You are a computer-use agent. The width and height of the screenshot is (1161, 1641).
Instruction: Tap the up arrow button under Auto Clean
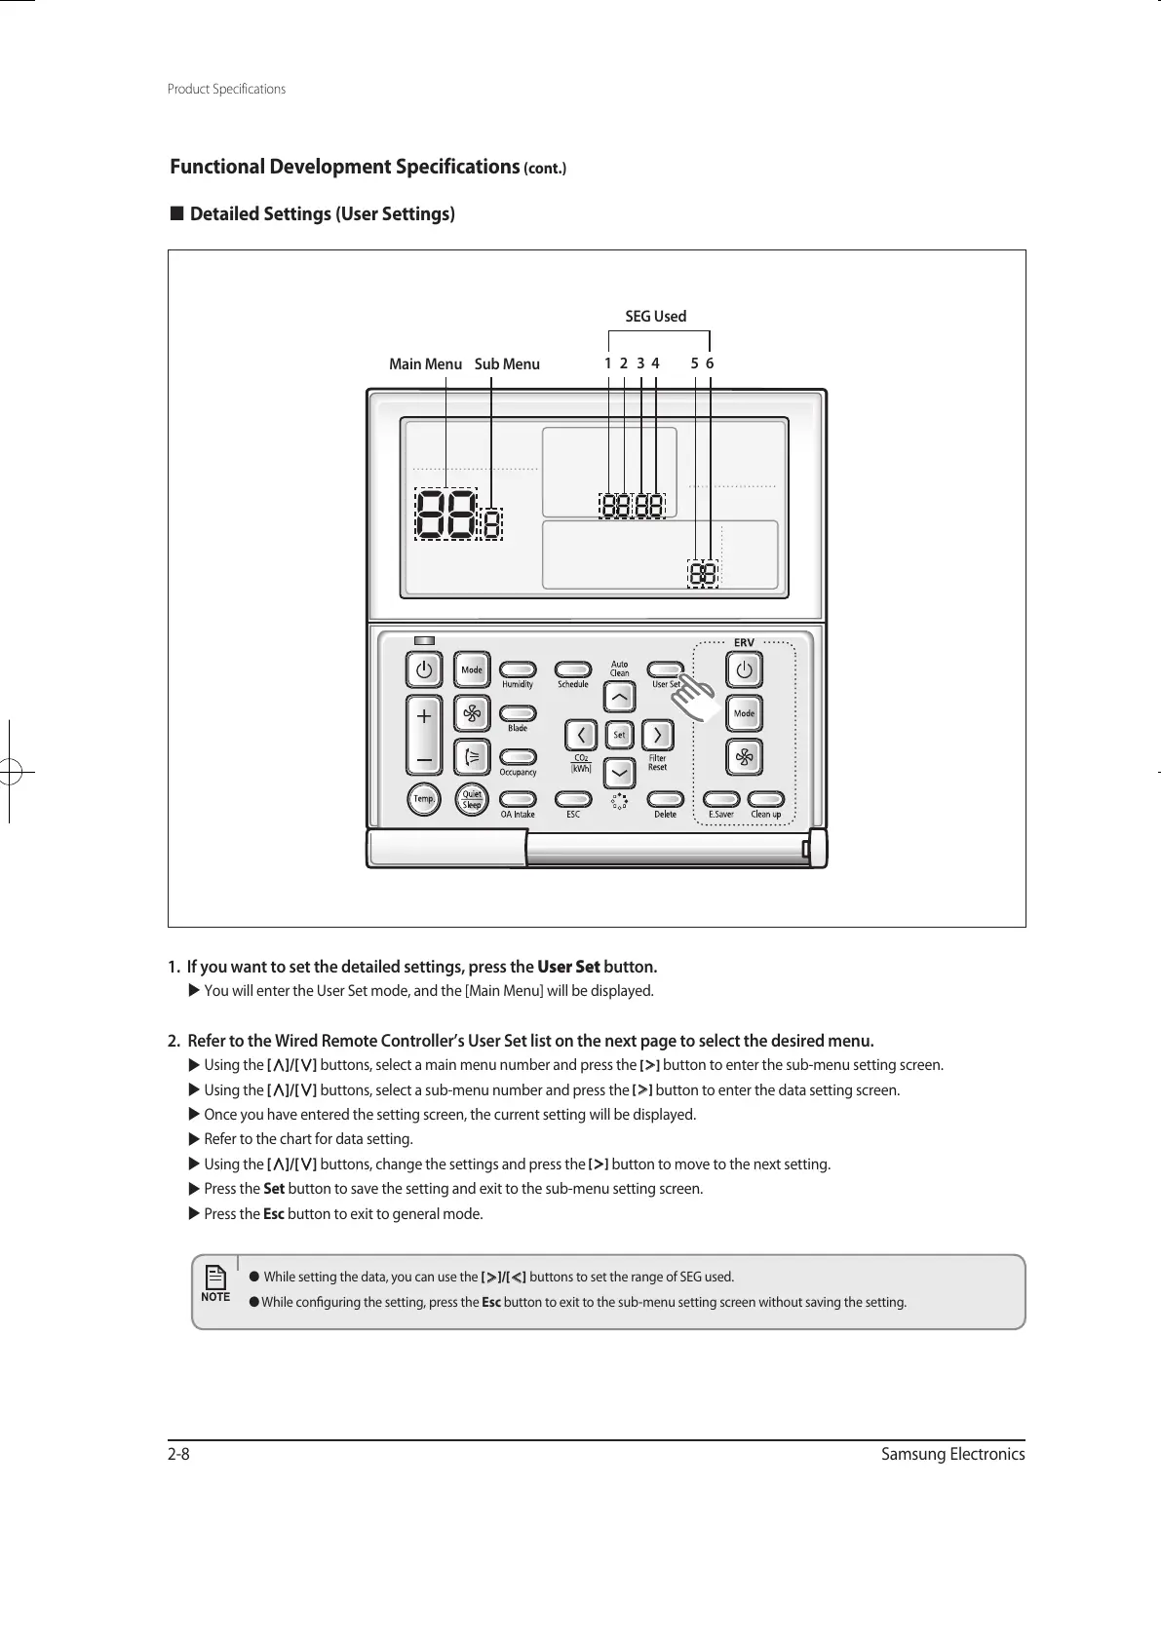619,698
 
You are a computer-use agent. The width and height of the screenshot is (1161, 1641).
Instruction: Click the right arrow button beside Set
658,734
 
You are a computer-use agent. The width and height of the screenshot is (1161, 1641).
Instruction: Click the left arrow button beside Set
582,734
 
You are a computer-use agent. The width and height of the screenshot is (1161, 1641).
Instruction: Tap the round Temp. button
423,799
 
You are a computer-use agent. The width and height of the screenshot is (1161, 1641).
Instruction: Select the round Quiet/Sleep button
472,799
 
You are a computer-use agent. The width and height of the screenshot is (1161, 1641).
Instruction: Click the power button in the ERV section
745,670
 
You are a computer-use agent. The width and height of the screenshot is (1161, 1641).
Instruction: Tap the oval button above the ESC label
573,799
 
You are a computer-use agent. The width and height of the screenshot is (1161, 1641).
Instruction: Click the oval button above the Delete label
665,799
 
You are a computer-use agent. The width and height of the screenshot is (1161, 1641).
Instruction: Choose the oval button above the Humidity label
518,669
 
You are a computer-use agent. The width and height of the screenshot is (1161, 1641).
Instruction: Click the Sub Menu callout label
507,364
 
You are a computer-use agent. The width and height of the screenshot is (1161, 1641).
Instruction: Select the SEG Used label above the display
655,317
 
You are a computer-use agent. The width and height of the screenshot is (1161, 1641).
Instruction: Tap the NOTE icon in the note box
215,1282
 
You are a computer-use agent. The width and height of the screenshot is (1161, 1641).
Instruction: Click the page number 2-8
178,1455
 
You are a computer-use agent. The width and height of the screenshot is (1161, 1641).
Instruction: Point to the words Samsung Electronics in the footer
952,1455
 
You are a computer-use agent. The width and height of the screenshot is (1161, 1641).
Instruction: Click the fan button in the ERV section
745,757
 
